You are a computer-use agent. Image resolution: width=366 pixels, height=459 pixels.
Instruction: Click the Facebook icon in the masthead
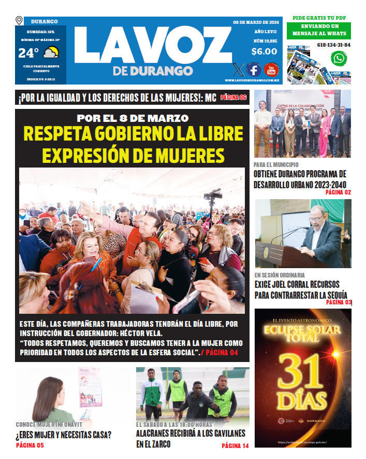254,69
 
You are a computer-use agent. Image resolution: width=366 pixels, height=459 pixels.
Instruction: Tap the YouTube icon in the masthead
271,69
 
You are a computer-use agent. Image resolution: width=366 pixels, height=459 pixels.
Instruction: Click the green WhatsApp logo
339,58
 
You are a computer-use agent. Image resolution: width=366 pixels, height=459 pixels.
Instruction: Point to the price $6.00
264,51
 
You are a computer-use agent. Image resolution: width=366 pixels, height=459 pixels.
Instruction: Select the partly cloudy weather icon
51,52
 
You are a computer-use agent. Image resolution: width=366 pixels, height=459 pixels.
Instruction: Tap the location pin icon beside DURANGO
20,21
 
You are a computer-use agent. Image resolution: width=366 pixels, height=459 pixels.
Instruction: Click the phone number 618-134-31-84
333,45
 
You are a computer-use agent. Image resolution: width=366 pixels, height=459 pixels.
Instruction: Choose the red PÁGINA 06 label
234,97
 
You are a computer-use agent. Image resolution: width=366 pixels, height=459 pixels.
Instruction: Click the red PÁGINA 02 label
338,192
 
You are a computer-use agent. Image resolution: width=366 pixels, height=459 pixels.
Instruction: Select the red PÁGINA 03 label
339,302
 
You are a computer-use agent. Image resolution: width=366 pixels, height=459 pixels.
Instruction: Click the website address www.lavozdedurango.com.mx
252,80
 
